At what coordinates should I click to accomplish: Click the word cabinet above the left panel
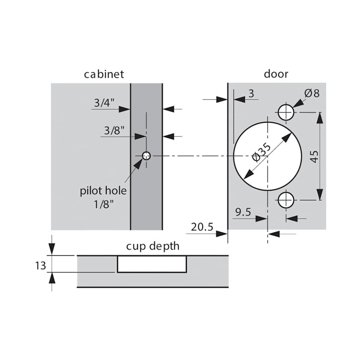[x=104, y=74]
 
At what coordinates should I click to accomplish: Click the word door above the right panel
[x=276, y=74]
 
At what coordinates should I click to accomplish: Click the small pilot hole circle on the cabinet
[x=146, y=156]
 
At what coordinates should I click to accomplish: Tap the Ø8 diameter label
[x=312, y=93]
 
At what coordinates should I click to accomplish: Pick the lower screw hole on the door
[x=286, y=200]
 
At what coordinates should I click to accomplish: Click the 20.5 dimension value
[x=202, y=227]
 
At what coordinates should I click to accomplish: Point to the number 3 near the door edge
[x=251, y=94]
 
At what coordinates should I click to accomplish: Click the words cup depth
[x=153, y=246]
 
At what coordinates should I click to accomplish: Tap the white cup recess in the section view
[x=152, y=264]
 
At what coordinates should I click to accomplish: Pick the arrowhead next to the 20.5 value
[x=222, y=234]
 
